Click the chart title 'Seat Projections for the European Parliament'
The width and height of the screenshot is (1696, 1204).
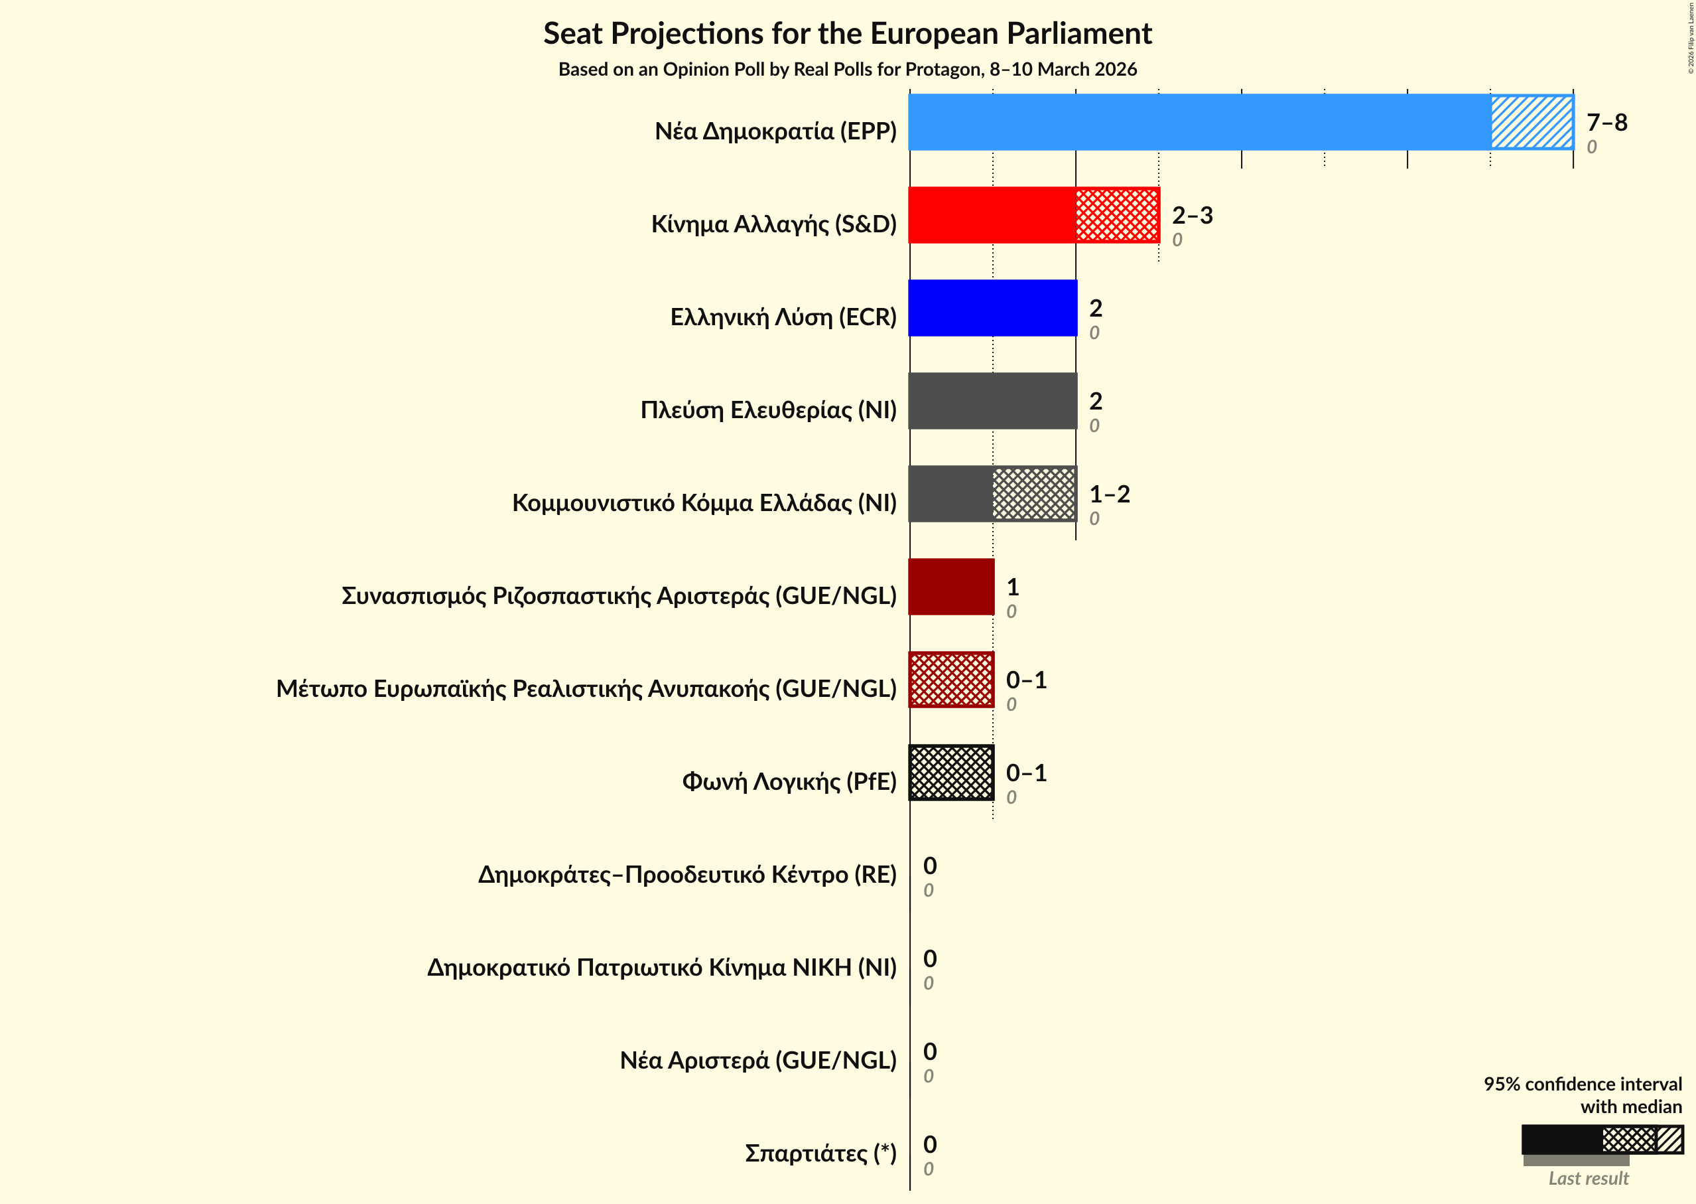click(847, 34)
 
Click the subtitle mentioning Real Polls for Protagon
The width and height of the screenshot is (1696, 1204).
click(847, 70)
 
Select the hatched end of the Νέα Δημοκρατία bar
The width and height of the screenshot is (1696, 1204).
click(1532, 122)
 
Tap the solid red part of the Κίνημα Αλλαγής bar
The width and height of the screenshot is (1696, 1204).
click(992, 215)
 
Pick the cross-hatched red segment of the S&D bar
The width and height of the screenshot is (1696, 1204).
click(1118, 215)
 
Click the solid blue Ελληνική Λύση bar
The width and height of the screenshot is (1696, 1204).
click(992, 308)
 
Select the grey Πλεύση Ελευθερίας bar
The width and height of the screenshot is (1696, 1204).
click(992, 401)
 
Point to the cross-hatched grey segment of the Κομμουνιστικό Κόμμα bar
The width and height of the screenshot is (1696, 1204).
click(1033, 494)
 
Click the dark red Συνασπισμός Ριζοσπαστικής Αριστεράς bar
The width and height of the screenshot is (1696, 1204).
click(950, 587)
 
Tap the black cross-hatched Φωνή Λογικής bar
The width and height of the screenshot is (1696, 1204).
click(950, 773)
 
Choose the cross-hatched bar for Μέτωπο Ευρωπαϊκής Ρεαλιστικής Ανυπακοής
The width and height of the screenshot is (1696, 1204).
click(950, 680)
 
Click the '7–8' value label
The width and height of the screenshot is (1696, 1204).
click(1606, 122)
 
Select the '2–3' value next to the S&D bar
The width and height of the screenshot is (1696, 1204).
click(1191, 215)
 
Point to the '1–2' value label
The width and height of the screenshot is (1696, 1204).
click(1108, 494)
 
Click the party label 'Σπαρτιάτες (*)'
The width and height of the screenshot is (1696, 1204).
click(820, 1153)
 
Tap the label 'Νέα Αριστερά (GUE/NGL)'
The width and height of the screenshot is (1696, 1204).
click(758, 1060)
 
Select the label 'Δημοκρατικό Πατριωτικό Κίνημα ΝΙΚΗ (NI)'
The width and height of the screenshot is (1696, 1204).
click(662, 968)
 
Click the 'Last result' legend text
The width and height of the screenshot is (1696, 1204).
click(1588, 1178)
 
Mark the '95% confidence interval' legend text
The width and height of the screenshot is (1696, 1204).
click(1582, 1085)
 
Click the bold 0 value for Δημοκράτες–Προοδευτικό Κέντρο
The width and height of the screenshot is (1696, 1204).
click(930, 866)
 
